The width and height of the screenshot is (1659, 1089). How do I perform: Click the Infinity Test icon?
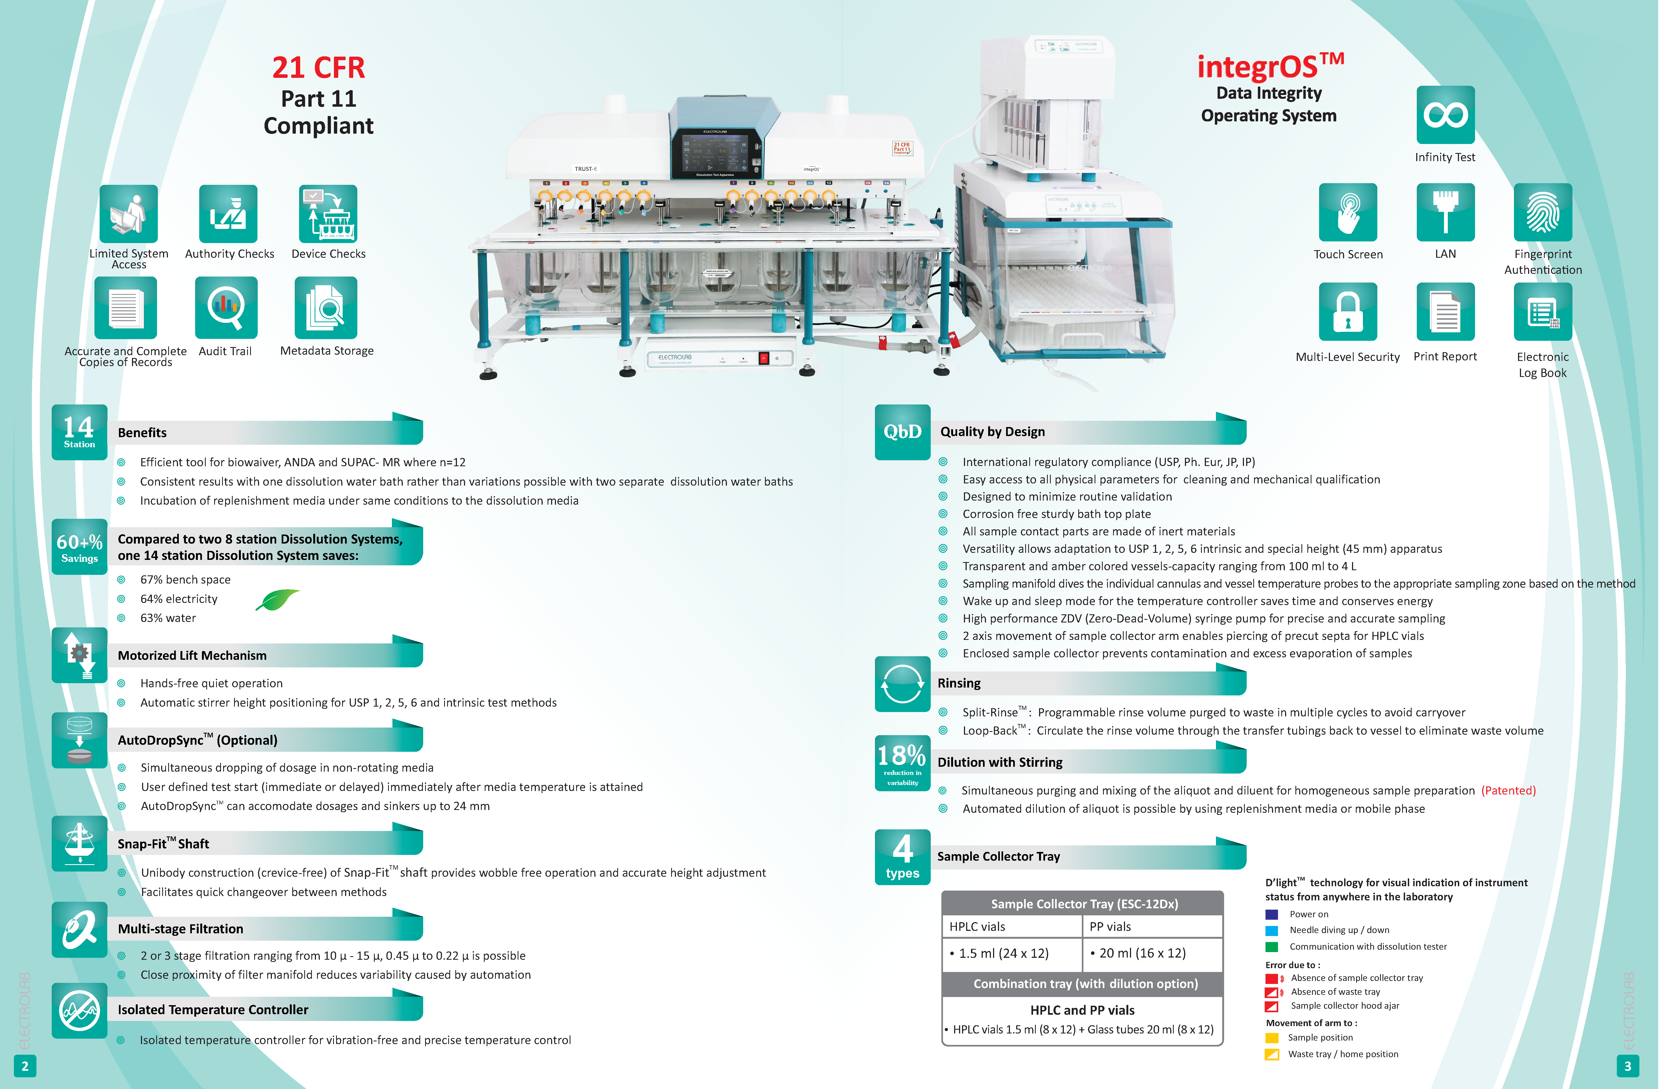click(x=1445, y=115)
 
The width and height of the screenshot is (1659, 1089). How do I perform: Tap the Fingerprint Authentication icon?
click(x=1543, y=213)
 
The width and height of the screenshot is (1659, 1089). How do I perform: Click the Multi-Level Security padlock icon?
click(x=1347, y=312)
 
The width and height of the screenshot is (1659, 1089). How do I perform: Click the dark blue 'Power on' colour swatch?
click(x=1271, y=914)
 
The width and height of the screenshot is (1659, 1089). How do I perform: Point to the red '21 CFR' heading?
click(x=319, y=68)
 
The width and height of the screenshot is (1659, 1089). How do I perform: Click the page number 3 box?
click(x=1628, y=1066)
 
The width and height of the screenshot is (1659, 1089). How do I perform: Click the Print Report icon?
click(x=1445, y=312)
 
